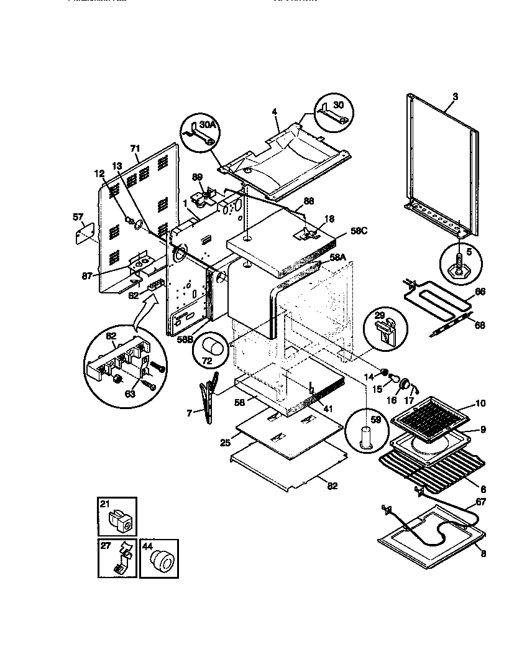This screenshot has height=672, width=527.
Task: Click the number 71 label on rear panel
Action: [x=135, y=149]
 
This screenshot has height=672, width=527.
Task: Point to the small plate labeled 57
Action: [x=81, y=234]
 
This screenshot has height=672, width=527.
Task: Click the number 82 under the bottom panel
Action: [x=332, y=486]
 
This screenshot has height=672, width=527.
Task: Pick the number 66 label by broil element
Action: [x=480, y=292]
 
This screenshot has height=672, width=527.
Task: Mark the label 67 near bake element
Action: [x=480, y=502]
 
